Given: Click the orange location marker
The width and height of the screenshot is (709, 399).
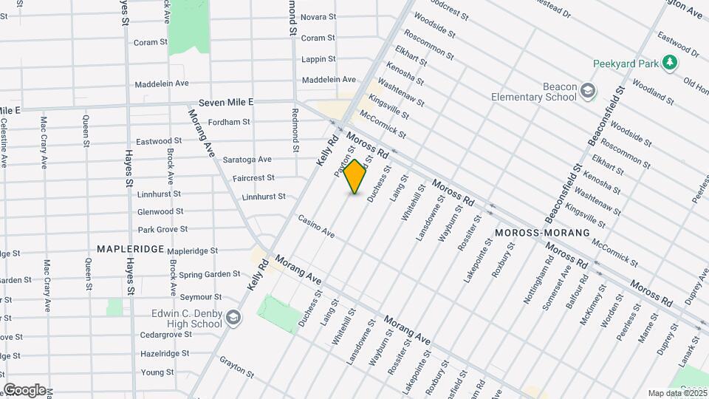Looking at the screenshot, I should tap(355, 176).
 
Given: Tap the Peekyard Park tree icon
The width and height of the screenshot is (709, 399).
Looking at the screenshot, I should tap(670, 62).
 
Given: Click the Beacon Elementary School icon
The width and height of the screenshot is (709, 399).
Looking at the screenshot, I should tap(588, 91).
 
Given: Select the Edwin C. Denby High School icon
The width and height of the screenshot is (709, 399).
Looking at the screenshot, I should tap(233, 318).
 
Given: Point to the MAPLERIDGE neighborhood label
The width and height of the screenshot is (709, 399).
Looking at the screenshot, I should tap(131, 249).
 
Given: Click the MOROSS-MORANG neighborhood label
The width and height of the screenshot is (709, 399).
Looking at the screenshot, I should tap(543, 233).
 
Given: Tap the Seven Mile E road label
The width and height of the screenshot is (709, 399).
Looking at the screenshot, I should tap(225, 102).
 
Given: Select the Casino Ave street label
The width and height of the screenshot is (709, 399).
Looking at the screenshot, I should tap(316, 226).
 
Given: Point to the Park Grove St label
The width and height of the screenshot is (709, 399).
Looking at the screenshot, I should tap(162, 230).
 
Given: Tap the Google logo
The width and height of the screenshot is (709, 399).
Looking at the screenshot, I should tap(24, 389).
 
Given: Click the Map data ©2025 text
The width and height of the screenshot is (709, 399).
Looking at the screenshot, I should tap(677, 393).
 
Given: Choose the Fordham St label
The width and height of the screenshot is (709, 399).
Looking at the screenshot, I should tap(230, 121).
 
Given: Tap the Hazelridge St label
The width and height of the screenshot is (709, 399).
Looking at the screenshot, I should tap(165, 354).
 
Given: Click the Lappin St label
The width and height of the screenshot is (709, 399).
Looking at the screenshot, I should tap(318, 59).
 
